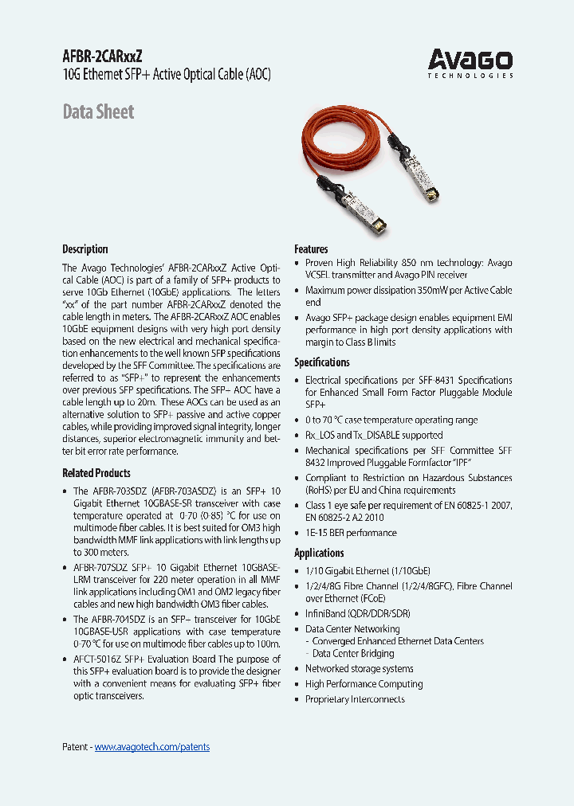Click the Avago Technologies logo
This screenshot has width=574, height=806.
470,63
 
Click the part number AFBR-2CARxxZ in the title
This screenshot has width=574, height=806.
103,57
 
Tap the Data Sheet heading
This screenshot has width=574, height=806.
98,112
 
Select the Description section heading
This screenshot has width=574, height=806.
85,249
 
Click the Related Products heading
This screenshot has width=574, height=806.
96,473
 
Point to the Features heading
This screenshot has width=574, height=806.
311,249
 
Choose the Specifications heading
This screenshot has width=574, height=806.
322,362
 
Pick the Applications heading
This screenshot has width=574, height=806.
319,553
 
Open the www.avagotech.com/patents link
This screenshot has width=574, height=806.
152,746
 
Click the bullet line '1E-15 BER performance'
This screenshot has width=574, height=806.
351,533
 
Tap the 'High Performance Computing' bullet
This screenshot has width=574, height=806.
364,683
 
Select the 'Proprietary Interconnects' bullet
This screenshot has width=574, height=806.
355,699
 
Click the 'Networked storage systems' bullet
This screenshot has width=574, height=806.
359,668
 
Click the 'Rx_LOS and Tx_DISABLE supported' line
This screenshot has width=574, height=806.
374,435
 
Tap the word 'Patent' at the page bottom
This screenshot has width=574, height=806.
75,746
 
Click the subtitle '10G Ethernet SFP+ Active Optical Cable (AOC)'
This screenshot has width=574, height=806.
167,76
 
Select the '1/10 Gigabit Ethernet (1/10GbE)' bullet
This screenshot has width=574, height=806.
368,570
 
